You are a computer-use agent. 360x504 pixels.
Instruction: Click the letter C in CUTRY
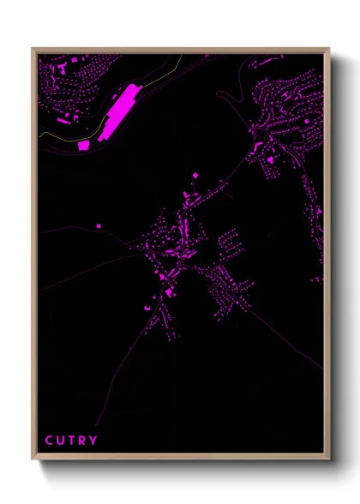(x=49, y=441)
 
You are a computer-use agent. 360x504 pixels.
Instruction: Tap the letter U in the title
(x=61, y=441)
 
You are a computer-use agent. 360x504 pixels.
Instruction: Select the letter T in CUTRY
(x=72, y=441)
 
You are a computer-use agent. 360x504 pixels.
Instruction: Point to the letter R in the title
(x=83, y=441)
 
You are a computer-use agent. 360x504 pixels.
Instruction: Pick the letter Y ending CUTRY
(x=94, y=441)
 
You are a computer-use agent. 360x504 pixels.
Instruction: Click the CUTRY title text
(x=71, y=441)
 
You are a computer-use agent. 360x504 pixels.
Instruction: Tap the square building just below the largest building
(x=84, y=146)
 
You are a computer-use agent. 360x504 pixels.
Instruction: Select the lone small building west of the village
(x=98, y=225)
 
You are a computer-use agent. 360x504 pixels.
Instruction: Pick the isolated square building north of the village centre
(x=195, y=176)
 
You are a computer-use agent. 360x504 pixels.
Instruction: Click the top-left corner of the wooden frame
(x=33, y=49)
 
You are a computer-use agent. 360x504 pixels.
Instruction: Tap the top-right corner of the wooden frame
(x=329, y=49)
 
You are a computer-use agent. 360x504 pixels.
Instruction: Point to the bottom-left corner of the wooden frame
(x=33, y=459)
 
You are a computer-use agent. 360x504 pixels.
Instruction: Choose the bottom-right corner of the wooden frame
(x=329, y=459)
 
